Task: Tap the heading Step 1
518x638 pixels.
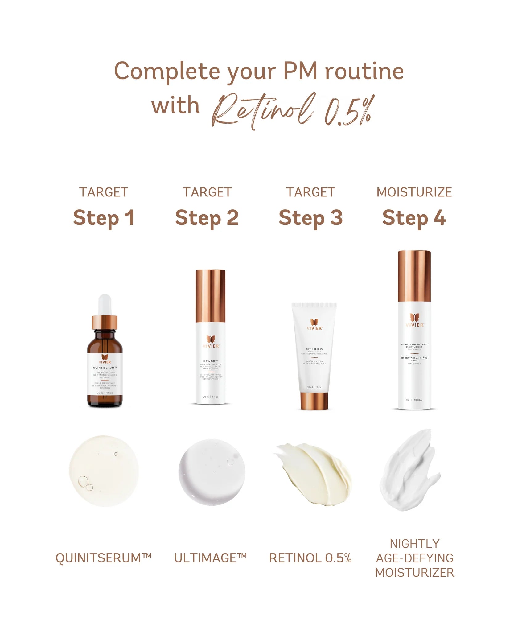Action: coord(104,218)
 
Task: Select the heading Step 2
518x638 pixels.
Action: coord(207,218)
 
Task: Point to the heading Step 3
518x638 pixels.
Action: coord(310,218)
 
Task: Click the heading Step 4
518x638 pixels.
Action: coord(414,218)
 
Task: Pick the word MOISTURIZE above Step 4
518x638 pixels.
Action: coord(414,192)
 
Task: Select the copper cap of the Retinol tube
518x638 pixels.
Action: coord(314,401)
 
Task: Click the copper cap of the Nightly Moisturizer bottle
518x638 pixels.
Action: coord(414,276)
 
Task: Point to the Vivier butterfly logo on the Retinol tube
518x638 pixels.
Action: coord(314,322)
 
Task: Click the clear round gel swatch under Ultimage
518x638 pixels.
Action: coord(212,472)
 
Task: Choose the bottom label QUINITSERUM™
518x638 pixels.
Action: coord(104,558)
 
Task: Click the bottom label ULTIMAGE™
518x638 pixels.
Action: coord(211,558)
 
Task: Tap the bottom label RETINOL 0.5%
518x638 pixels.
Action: coord(310,558)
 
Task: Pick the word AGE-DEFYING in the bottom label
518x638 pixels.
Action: coord(415,558)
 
